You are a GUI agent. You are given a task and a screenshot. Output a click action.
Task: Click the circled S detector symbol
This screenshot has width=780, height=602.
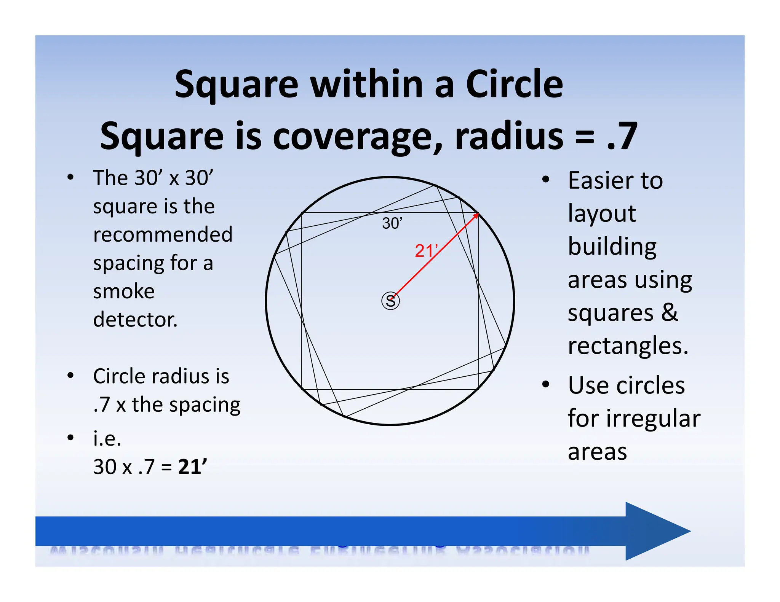click(390, 301)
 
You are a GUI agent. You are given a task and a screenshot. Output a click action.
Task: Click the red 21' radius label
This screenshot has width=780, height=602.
click(426, 251)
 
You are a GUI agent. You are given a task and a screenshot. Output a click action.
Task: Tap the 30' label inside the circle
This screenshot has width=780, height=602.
click(392, 223)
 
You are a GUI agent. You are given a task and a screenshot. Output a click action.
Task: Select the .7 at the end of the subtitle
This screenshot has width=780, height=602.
click(622, 136)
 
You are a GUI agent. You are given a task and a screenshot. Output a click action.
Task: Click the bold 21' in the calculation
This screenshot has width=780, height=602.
click(193, 467)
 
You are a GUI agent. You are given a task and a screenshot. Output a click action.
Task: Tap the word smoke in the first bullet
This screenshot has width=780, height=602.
click(124, 291)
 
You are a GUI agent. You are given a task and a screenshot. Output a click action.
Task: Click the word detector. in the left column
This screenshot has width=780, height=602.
click(135, 320)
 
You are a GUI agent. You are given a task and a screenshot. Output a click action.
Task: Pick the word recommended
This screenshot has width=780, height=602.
click(163, 234)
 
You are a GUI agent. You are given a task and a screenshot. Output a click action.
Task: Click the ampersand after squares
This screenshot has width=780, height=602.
click(670, 313)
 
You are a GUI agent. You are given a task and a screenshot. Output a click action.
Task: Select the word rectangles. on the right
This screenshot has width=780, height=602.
click(628, 346)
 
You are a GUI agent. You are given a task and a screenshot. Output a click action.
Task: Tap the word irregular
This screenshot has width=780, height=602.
click(653, 419)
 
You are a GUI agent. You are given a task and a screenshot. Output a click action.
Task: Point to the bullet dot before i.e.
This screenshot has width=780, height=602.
click(70, 438)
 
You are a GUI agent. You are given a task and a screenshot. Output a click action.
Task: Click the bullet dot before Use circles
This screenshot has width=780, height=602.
click(546, 384)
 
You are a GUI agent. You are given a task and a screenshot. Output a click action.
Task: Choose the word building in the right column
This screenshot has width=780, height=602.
click(612, 247)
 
